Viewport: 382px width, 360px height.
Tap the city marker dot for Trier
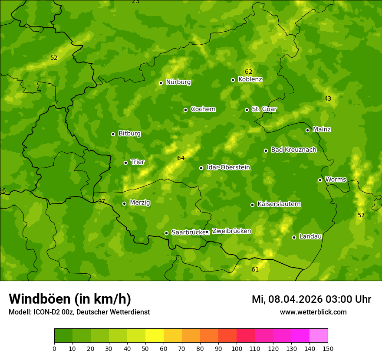pos(126,163)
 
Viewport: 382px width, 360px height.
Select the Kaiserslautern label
pos(279,204)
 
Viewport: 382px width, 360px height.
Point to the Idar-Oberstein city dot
pos(201,168)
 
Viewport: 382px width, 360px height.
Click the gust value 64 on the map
pos(181,158)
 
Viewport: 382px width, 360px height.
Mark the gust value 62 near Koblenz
pos(248,72)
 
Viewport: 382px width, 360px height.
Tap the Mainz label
pos(322,129)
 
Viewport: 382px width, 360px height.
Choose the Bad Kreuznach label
pos(293,150)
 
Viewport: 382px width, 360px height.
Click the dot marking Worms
pos(320,180)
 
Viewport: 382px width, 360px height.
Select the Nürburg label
pos(178,82)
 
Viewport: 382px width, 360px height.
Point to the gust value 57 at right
pos(361,215)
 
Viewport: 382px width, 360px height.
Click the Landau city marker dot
pos(294,237)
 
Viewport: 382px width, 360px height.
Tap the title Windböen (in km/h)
pos(70,299)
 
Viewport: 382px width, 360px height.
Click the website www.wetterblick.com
pos(313,312)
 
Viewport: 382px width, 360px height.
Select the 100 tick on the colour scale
pos(237,348)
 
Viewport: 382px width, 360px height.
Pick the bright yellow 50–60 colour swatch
pos(155,336)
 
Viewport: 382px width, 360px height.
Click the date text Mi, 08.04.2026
pos(286,299)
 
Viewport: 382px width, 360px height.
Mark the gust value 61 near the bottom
pos(255,269)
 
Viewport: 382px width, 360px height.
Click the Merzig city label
pos(140,203)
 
